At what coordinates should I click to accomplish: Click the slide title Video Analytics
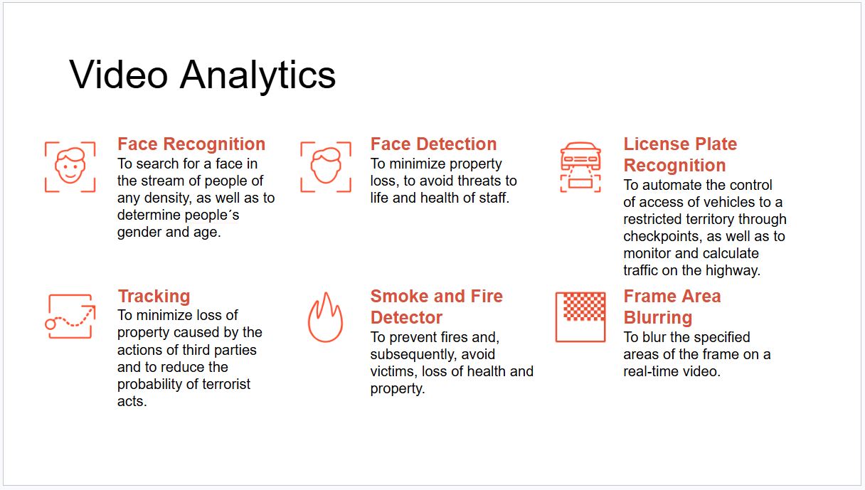tap(202, 75)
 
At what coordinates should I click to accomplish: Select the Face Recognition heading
tap(191, 144)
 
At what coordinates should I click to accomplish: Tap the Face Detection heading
tap(434, 144)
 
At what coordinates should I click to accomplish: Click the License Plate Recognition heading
tap(681, 154)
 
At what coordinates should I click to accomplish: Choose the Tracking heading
tap(154, 296)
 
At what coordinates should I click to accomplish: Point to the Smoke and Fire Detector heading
tap(436, 307)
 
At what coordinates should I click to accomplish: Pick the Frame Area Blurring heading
tap(672, 307)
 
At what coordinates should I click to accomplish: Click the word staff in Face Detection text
tap(494, 198)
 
